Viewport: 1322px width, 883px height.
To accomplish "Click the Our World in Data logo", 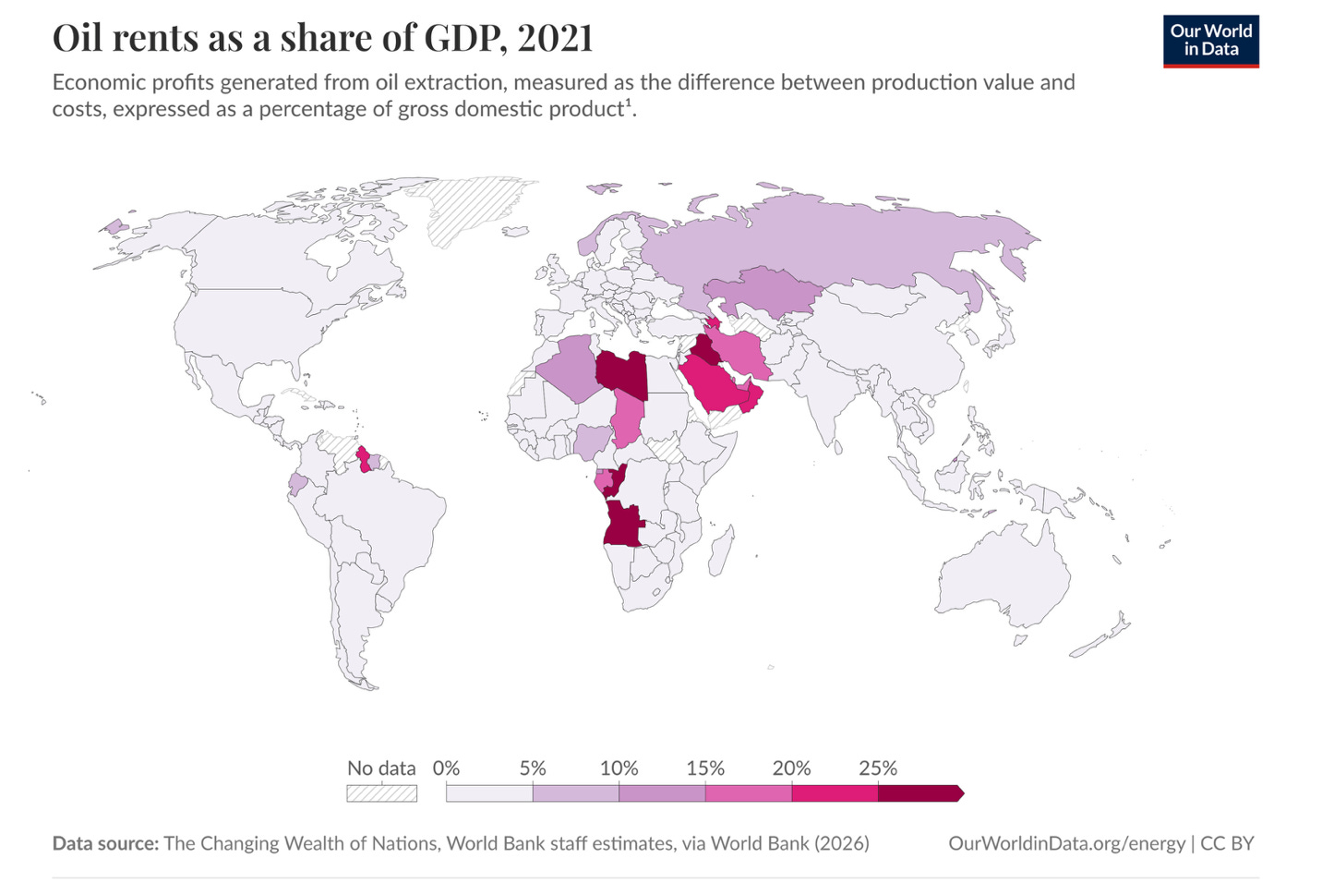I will coord(1210,41).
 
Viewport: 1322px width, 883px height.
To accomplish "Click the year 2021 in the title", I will coord(555,38).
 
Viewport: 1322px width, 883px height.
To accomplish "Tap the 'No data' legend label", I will coord(381,768).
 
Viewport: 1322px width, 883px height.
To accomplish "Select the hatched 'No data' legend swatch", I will coord(381,793).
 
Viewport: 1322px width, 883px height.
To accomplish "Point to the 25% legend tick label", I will coord(877,768).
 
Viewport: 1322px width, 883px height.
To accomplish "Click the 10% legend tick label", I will coord(619,768).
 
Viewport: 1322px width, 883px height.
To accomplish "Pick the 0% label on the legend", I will coord(446,768).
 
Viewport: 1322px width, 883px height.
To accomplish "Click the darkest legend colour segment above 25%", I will coord(919,793).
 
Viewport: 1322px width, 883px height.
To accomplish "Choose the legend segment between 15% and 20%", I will coord(748,793).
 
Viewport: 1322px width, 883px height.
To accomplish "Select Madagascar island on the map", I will coord(722,549).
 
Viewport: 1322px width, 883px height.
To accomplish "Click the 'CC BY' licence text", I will coord(1227,843).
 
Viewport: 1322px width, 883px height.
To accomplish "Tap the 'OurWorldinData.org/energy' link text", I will coord(1066,843).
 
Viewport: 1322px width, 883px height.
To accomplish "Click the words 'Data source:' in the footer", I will coord(105,843).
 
